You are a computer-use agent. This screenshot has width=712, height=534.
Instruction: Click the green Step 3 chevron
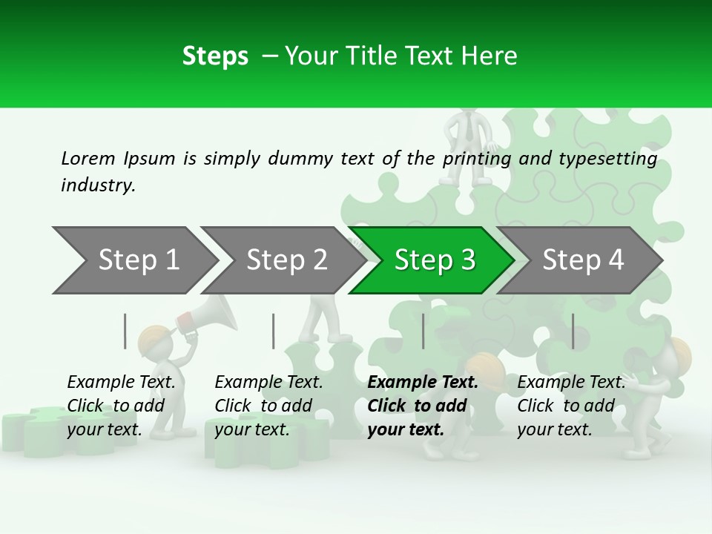434,260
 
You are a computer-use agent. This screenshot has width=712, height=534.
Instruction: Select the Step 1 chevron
138,260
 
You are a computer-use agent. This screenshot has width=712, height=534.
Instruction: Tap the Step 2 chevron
286,260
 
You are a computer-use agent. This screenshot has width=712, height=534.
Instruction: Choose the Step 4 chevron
582,260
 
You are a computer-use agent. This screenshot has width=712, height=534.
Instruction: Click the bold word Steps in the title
215,56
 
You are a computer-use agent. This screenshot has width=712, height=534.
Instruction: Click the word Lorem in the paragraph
88,158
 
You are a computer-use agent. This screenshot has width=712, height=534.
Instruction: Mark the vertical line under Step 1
125,331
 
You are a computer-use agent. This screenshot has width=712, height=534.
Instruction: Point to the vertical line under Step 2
274,331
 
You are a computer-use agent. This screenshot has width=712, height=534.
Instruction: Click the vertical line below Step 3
423,331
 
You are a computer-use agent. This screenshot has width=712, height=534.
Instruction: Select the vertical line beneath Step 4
573,331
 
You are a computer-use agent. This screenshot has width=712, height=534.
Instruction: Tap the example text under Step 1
120,406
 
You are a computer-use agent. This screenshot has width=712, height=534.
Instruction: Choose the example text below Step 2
268,406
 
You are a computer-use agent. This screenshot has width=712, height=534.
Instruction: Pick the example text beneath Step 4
570,406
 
